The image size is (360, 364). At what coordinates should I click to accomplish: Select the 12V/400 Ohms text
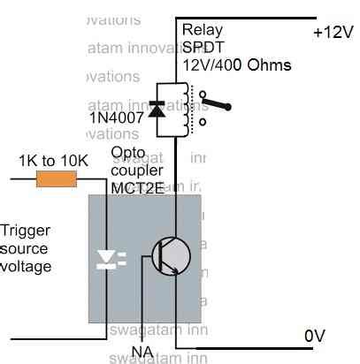tap(237, 65)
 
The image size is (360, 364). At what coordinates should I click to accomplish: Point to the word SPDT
tap(203, 48)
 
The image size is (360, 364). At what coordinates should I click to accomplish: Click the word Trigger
tap(25, 231)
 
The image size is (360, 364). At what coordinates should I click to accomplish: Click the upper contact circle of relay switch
tap(203, 95)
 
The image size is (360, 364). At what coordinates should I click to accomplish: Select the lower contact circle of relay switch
tap(203, 122)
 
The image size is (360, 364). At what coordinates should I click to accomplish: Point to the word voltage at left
tap(26, 264)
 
